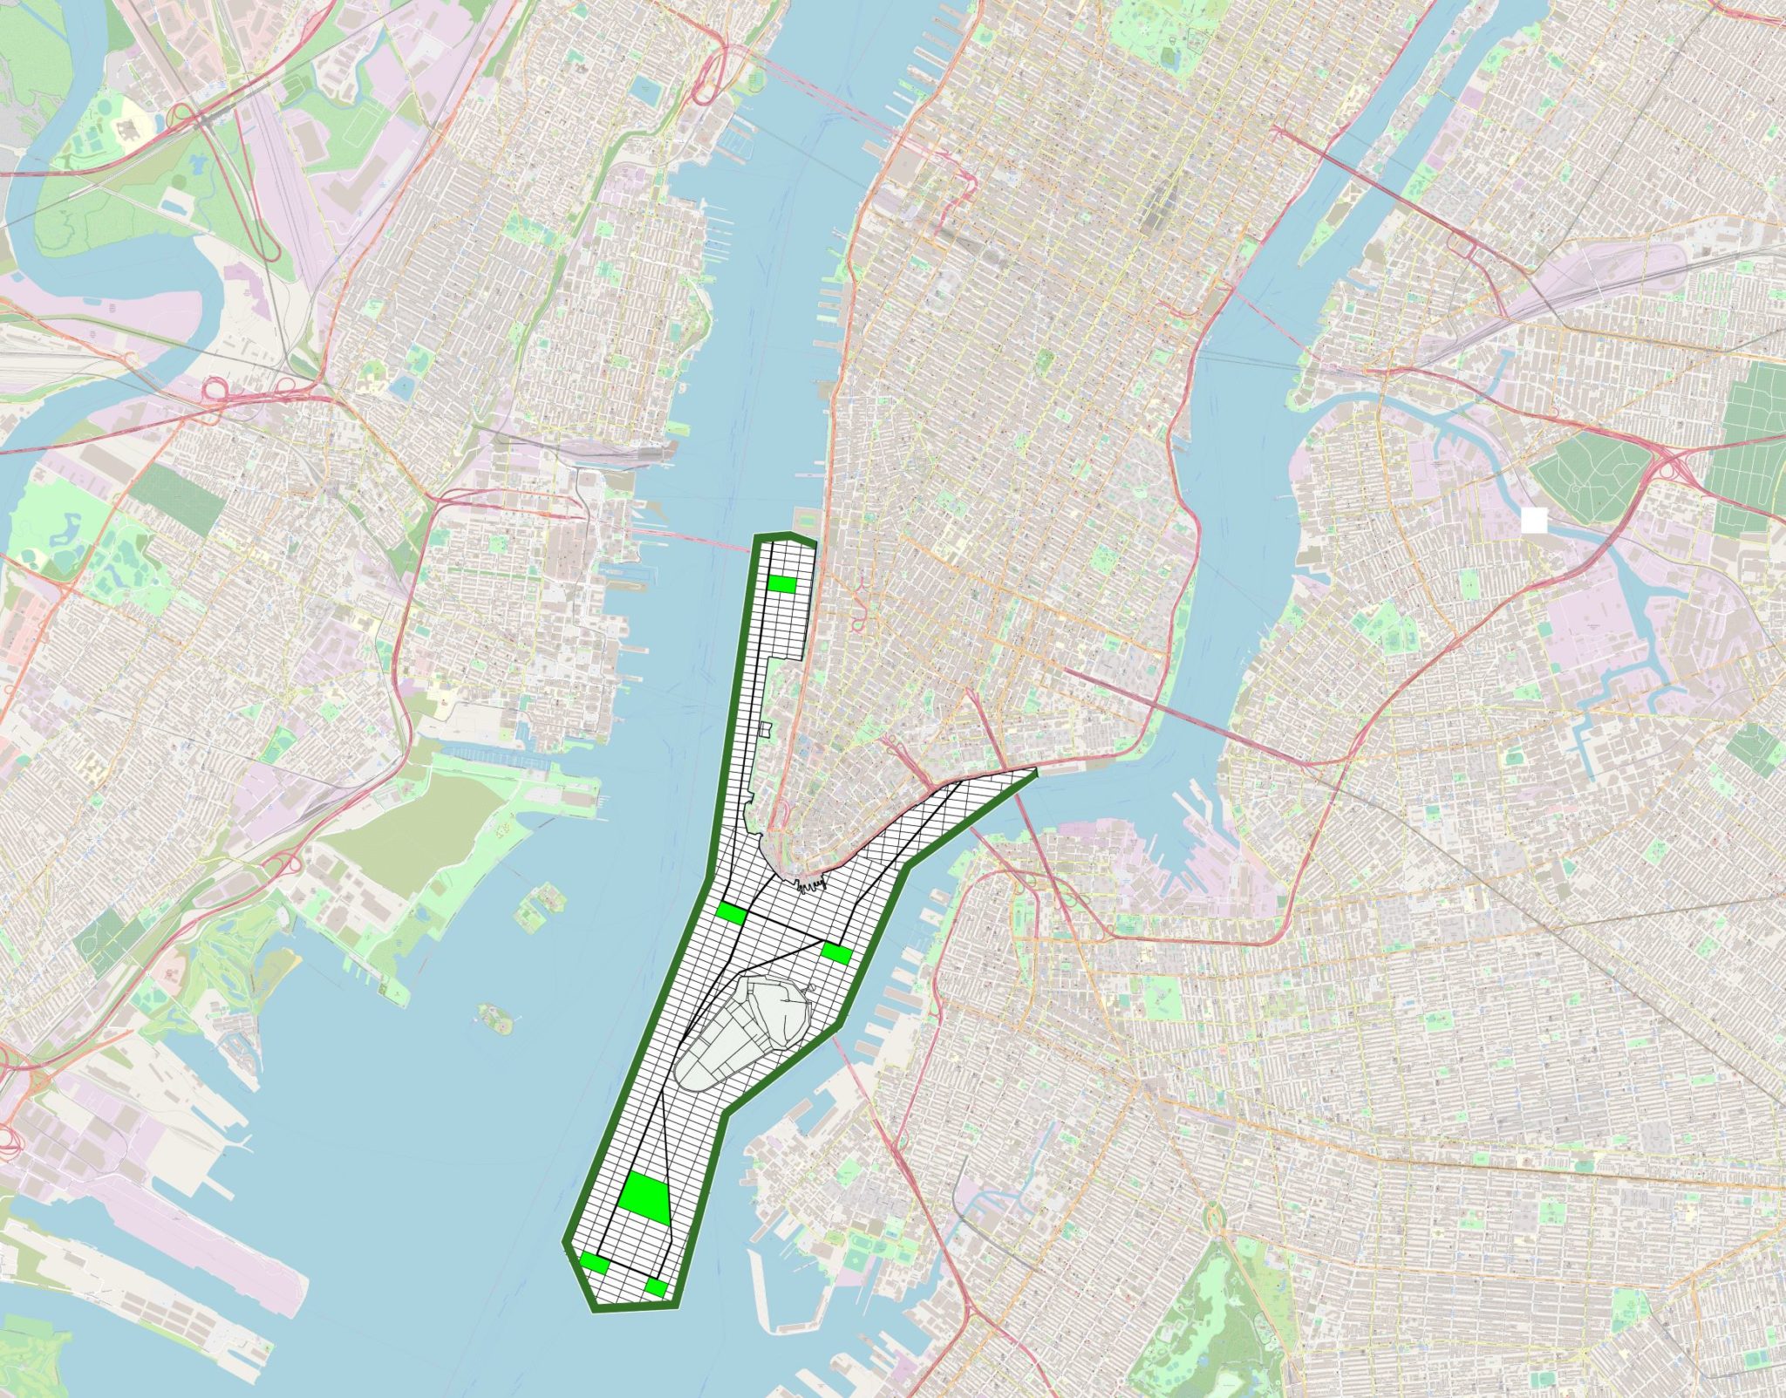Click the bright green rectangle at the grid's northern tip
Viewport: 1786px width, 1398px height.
click(x=782, y=584)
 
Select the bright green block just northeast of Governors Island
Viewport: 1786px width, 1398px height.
click(x=836, y=953)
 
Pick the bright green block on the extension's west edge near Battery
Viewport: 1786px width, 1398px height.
click(x=730, y=913)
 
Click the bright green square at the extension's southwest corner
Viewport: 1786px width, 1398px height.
click(x=595, y=1262)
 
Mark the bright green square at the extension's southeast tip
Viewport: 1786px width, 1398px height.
click(x=656, y=1287)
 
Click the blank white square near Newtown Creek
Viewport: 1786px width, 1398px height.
click(x=1533, y=521)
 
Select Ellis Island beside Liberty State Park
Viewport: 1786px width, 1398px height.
click(x=535, y=906)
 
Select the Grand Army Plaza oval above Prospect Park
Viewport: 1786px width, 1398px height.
click(x=1214, y=1214)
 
